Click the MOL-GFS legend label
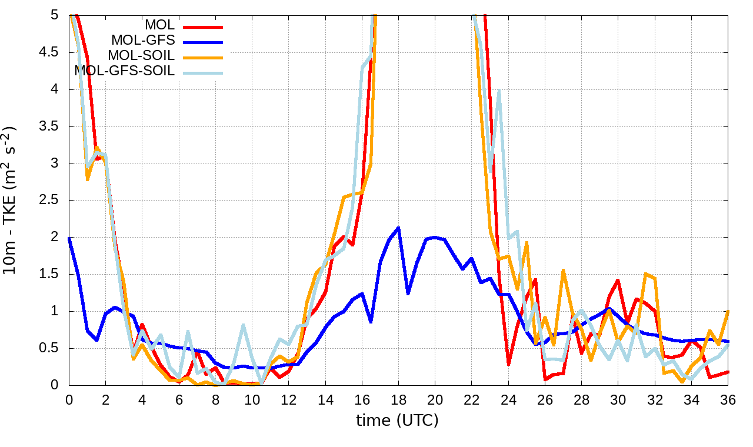[x=143, y=41]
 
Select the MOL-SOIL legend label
[x=141, y=56]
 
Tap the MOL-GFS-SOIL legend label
[x=125, y=72]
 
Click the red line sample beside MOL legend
[x=204, y=26]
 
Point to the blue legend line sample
[x=204, y=42]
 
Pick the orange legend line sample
[x=204, y=57]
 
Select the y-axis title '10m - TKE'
[x=12, y=200]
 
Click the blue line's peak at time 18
[x=398, y=228]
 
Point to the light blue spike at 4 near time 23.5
[x=499, y=90]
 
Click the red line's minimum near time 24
[x=508, y=365]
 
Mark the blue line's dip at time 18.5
[x=408, y=293]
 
